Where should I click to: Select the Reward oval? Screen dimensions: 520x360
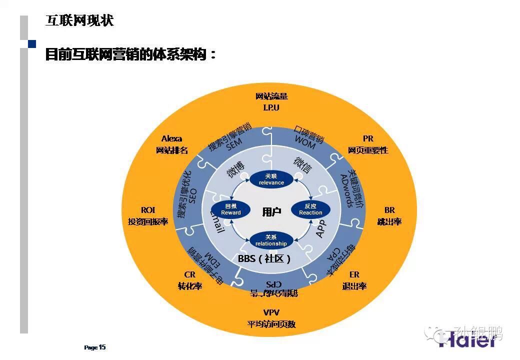click(230, 209)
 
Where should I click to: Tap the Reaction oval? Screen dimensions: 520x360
click(310, 209)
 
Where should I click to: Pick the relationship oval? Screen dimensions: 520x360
click(271, 240)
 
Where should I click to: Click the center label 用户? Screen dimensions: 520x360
click(271, 212)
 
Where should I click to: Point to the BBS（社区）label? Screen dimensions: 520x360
click(264, 258)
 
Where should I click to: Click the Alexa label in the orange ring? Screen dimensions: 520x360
click(171, 139)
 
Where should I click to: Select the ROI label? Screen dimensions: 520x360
click(148, 210)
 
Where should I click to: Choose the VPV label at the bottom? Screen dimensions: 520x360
click(271, 312)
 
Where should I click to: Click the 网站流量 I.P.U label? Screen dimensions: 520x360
click(271, 101)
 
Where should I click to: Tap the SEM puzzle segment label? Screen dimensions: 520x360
click(230, 138)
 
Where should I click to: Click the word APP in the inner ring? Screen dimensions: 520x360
click(320, 228)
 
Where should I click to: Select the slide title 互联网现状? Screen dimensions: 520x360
click(79, 20)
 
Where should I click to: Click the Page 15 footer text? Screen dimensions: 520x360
click(94, 347)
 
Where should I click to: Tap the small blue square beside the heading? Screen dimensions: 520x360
click(32, 44)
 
